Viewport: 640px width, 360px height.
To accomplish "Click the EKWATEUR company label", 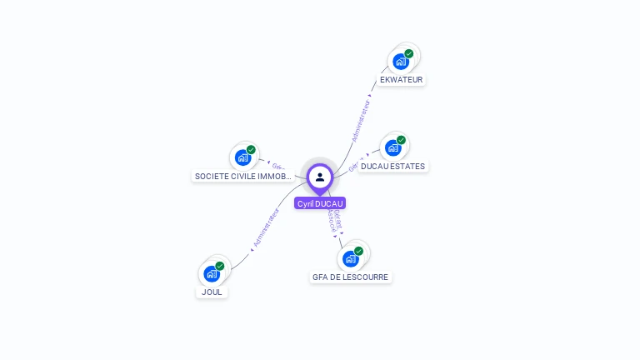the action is click(401, 80).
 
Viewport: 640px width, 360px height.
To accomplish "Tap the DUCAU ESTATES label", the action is click(392, 167).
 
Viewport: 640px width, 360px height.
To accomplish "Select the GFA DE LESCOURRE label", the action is click(350, 277).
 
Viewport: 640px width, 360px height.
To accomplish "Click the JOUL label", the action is click(212, 292).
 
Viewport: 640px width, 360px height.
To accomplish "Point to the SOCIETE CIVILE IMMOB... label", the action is click(242, 177).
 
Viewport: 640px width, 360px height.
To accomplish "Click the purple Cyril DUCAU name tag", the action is click(320, 203).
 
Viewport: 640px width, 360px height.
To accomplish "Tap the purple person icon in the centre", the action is click(320, 177).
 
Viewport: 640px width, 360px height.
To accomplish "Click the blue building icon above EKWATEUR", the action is click(401, 62).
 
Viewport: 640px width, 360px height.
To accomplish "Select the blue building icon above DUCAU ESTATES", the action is click(393, 147).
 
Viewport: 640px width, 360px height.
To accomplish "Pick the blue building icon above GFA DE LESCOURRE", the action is click(350, 258).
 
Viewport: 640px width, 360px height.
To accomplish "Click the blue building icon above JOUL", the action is click(212, 273).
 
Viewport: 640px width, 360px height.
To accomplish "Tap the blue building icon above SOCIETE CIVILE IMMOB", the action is click(242, 157).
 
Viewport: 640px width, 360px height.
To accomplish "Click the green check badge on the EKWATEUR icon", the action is click(409, 53).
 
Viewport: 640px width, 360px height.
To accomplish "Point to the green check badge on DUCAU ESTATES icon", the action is click(401, 140).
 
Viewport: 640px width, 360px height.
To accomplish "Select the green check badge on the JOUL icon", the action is click(220, 266).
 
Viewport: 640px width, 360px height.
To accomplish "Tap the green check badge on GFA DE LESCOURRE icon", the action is click(358, 251).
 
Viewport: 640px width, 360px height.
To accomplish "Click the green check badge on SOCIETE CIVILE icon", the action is click(251, 150).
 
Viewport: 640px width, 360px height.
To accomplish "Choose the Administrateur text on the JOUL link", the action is click(267, 228).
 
